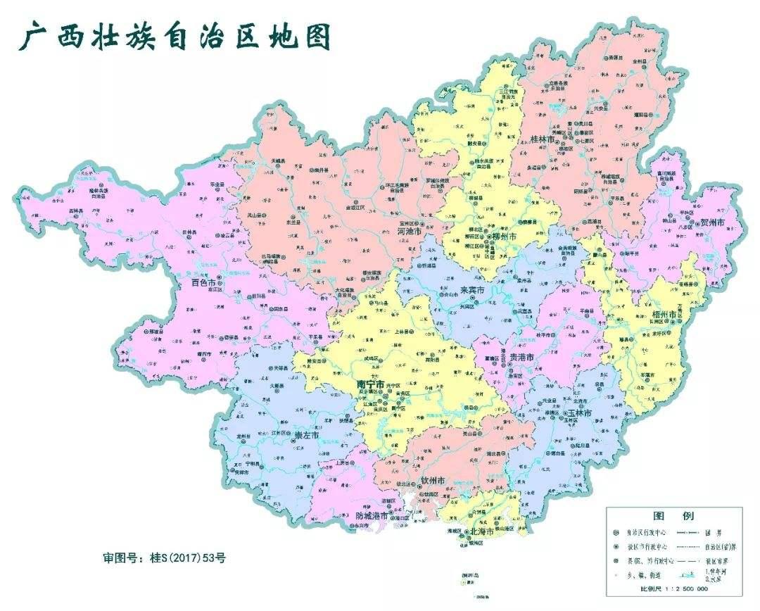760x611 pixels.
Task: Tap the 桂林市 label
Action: [533, 140]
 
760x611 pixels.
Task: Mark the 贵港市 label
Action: [522, 358]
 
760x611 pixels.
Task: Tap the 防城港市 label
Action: [372, 516]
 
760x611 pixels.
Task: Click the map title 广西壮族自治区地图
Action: [174, 37]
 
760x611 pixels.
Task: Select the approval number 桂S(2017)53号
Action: [164, 558]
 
